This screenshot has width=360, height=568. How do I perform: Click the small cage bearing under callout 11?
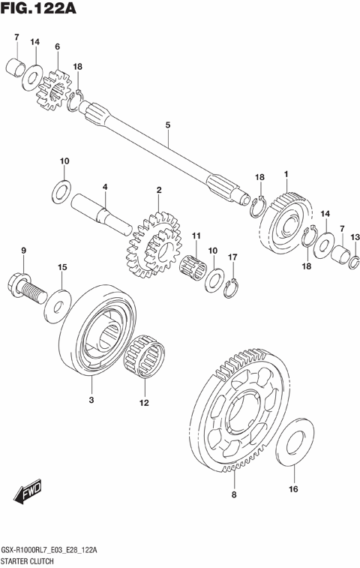pyautogui.click(x=196, y=266)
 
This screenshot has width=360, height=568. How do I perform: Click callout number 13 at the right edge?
pyautogui.click(x=355, y=238)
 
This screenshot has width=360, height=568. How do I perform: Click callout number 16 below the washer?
pyautogui.click(x=293, y=490)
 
